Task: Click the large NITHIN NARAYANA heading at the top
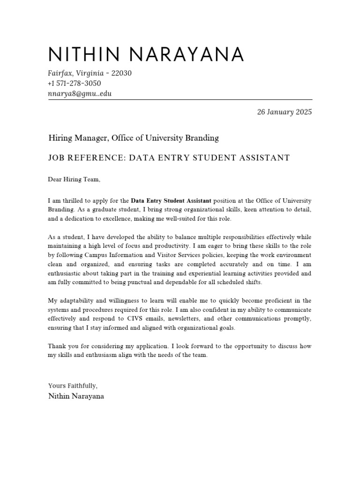tap(146, 55)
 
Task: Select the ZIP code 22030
tap(121, 73)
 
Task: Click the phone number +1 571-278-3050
tap(74, 83)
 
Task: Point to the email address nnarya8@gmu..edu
tap(80, 93)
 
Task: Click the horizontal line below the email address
tap(180, 99)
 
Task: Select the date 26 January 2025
tap(284, 112)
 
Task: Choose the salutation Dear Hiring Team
tap(74, 179)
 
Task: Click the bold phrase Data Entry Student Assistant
tap(171, 201)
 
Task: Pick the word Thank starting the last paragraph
tap(57, 346)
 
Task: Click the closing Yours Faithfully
tap(73, 386)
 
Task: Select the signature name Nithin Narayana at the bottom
tap(76, 396)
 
